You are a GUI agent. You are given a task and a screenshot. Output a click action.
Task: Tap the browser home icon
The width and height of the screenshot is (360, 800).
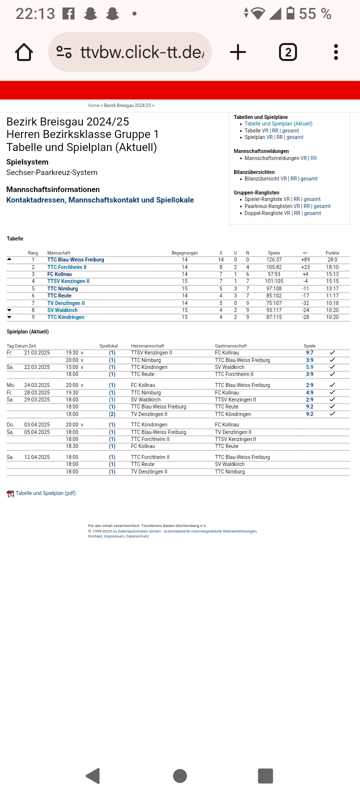pos(24,52)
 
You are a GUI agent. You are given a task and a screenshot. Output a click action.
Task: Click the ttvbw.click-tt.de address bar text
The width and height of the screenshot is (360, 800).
pos(142,52)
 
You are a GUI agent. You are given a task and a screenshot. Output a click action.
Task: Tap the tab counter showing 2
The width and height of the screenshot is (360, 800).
pos(287,52)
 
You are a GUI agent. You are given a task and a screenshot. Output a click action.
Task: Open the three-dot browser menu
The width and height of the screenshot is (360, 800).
pos(335,52)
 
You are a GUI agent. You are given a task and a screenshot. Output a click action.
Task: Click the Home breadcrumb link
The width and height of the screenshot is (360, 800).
pos(93,105)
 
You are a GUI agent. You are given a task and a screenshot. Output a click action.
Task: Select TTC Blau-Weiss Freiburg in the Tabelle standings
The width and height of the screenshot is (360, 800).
pos(75,260)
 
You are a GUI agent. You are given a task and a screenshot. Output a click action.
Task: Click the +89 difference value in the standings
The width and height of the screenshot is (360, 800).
pos(305,260)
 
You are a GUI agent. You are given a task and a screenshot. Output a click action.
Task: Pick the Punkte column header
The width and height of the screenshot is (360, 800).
pos(332,253)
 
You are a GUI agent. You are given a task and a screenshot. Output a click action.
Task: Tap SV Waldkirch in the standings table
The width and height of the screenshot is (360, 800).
pos(62,310)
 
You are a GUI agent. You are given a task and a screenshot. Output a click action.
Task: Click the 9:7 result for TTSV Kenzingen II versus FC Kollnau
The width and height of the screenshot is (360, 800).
pos(309,353)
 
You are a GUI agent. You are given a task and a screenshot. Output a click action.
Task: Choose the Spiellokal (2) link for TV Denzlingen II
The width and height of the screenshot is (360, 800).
pos(112,414)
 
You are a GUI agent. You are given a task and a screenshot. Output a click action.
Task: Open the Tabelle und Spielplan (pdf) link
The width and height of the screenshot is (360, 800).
pos(45,493)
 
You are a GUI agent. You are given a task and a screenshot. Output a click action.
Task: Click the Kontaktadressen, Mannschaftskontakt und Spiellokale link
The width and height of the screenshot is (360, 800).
pos(100,200)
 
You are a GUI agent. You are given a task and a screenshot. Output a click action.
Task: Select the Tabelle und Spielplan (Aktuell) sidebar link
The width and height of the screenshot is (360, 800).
pos(278,124)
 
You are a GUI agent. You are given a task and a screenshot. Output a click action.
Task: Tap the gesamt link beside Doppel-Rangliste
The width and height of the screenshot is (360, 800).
pos(312,213)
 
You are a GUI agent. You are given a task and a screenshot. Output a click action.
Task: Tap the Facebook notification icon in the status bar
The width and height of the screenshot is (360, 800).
pos(68,14)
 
